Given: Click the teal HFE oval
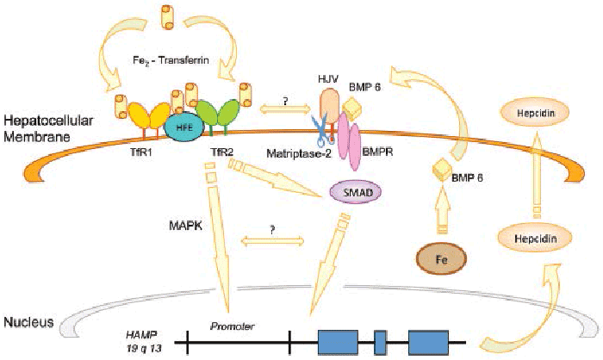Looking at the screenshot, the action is tap(184, 128).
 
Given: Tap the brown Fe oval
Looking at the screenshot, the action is tap(441, 259).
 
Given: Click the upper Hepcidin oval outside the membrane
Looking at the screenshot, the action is tap(535, 113).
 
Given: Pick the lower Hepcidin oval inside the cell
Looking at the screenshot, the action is tap(535, 239).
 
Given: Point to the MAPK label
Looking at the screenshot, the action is tap(185, 226).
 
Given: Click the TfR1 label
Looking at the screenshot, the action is tap(140, 152).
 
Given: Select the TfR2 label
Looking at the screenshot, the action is tap(222, 152).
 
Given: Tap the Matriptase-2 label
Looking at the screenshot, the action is tap(299, 154).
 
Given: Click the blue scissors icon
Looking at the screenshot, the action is tap(322, 129).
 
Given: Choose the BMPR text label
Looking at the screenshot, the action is tap(377, 152).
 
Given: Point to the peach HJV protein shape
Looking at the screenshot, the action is tap(329, 102).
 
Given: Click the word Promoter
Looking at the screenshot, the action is tap(232, 326).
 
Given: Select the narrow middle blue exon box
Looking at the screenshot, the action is tap(381, 342).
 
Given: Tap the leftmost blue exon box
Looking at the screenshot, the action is tap(338, 342).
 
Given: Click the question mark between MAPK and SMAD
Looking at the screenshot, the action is tap(272, 231).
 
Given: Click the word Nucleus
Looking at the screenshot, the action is tap(28, 322).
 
